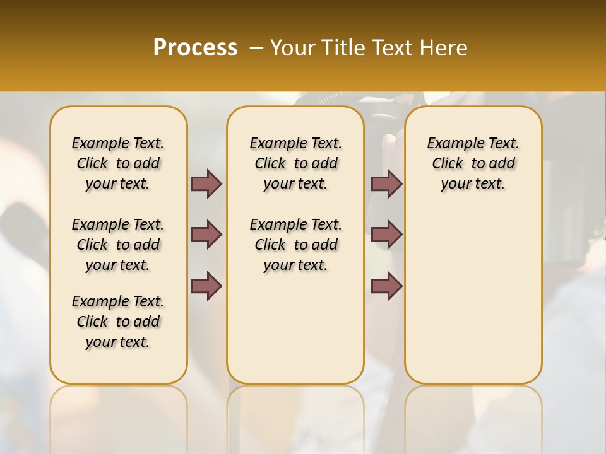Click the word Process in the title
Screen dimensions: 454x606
pos(195,47)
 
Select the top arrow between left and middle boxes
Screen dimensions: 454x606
pos(206,183)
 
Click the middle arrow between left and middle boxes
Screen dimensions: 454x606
pos(206,235)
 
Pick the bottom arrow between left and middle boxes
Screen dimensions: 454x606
pos(206,286)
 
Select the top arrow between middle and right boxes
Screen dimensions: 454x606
pos(386,183)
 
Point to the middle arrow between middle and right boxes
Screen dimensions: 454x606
pos(386,235)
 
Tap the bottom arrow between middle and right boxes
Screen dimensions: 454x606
pos(386,286)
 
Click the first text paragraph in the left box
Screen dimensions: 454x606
pos(118,163)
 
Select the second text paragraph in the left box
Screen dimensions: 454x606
pos(118,245)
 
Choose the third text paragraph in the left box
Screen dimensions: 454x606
pos(118,322)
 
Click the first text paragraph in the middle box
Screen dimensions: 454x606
pos(295,163)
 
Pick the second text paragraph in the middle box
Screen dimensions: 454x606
pos(295,245)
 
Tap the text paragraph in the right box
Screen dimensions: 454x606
pos(473,163)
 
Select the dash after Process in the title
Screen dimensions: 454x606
pos(256,47)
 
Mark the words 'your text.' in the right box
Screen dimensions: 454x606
pos(473,184)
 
